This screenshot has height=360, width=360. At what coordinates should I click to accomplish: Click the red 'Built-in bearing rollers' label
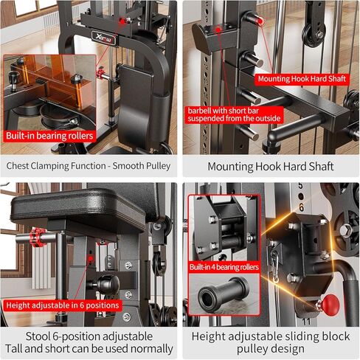click(x=51, y=136)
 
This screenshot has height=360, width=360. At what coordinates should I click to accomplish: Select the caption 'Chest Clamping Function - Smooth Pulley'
click(x=89, y=166)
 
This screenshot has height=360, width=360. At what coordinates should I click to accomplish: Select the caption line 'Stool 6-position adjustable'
click(x=89, y=336)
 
